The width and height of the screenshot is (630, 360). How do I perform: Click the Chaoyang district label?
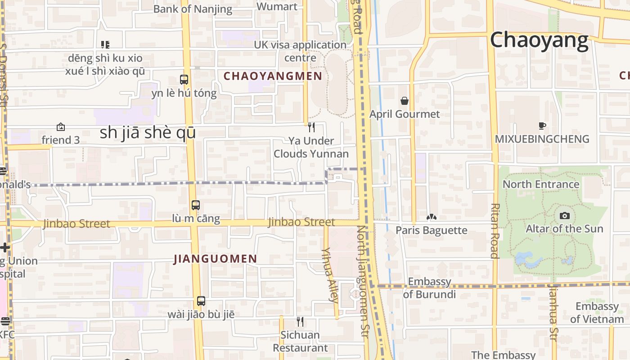[x=539, y=40]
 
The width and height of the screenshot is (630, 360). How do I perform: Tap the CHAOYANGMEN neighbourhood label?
[x=273, y=76]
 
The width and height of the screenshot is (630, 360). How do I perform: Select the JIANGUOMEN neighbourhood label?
[x=215, y=259]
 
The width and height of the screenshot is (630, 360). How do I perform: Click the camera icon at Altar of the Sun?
[x=564, y=216]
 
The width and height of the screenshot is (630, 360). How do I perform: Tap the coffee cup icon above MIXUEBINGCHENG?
[x=542, y=126]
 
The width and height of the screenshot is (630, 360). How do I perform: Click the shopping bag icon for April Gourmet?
[x=405, y=101]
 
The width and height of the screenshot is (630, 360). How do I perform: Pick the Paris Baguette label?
[x=431, y=230]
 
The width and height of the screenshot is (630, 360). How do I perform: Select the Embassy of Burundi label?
[x=429, y=288]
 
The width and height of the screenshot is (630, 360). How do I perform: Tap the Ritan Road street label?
[x=495, y=231]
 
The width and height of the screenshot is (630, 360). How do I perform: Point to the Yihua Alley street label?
[x=330, y=274]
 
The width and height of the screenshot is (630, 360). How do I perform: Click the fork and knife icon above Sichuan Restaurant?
[x=300, y=321]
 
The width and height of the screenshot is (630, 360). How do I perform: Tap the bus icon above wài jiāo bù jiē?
[x=201, y=301]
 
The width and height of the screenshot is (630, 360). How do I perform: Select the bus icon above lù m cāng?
[x=195, y=205]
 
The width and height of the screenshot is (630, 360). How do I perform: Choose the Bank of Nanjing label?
[x=193, y=9]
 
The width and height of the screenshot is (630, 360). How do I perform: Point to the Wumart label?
[x=277, y=6]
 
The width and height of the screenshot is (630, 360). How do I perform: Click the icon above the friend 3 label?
[x=60, y=127]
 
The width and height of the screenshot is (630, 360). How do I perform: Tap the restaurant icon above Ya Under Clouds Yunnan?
[x=311, y=127]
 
